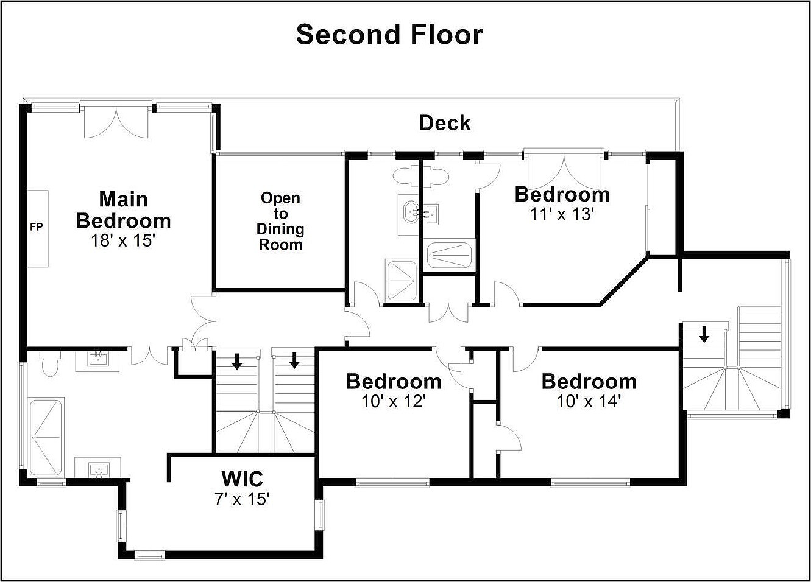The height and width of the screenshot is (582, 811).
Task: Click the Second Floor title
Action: (x=389, y=35)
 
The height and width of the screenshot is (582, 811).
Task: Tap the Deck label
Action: (x=445, y=123)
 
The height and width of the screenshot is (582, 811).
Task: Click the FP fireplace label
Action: (x=36, y=227)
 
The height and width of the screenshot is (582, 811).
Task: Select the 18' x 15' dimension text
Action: (x=123, y=240)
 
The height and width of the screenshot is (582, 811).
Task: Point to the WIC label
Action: (x=243, y=479)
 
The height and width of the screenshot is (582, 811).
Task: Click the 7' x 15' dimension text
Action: (x=242, y=499)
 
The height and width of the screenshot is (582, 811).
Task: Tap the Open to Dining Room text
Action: (x=280, y=221)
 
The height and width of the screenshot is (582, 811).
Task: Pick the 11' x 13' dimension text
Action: (x=562, y=214)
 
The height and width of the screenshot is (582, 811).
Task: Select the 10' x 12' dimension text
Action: (x=394, y=401)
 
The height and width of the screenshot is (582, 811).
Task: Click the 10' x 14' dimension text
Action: (x=589, y=401)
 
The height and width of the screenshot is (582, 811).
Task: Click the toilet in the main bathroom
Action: (x=50, y=363)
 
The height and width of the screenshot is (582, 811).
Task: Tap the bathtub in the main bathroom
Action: (x=46, y=438)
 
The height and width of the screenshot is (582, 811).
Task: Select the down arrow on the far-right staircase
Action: (x=704, y=335)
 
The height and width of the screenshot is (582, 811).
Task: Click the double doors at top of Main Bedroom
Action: (x=116, y=122)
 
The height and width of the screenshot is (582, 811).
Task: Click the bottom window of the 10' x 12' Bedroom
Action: (x=392, y=483)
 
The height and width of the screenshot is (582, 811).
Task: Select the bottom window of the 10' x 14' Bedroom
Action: (x=590, y=483)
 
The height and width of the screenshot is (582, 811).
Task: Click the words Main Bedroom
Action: (x=123, y=210)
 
